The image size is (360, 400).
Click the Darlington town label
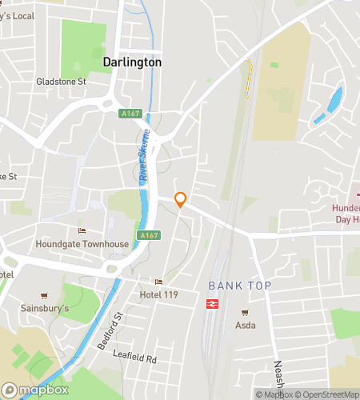pos(132,62)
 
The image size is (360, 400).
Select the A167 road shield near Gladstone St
pos(130,114)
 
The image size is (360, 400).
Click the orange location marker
pos(181,200)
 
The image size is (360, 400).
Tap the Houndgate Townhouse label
pos(82,244)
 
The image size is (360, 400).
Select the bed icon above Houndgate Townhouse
pos(82,231)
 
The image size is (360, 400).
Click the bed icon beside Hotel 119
pos(158,282)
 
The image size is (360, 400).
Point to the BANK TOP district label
pos(240,286)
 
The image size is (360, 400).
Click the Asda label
pos(245,326)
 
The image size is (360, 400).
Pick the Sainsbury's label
pos(44,308)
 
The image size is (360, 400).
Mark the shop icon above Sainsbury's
pos(44,295)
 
